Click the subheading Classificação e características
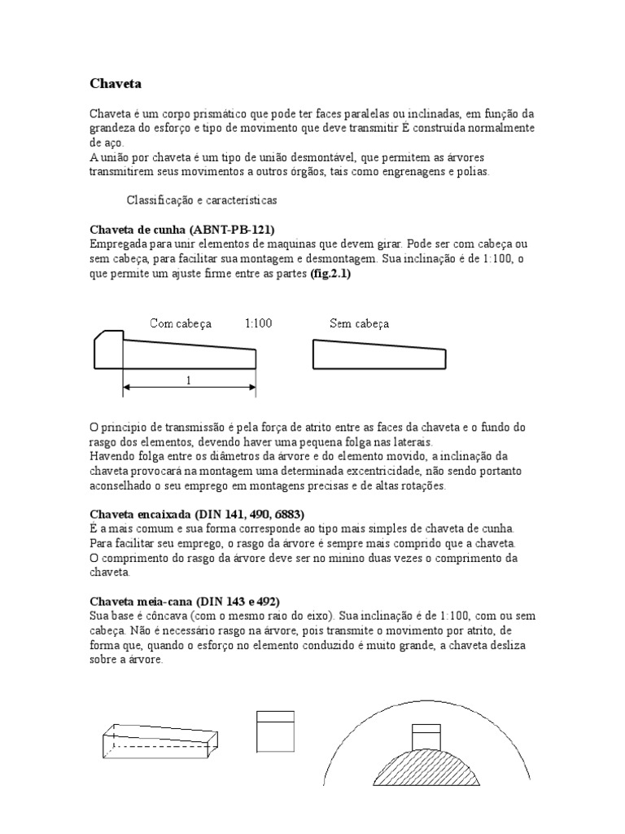coord(203,200)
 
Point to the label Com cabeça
coord(181,323)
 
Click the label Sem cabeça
coord(359,323)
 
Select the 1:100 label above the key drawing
coord(258,323)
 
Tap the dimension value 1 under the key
coord(189,380)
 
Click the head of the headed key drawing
coord(107,348)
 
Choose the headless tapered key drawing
coord(382,353)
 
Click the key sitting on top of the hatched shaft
coord(426,735)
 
